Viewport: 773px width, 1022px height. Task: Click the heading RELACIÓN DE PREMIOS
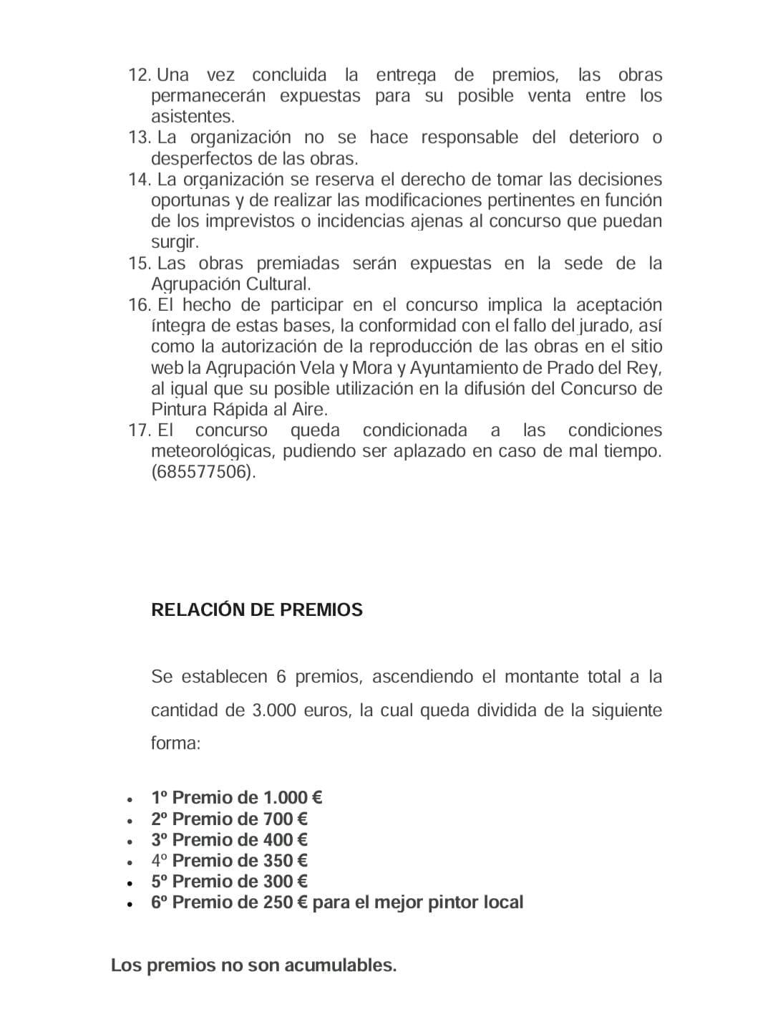click(x=257, y=609)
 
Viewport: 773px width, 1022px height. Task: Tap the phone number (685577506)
click(x=203, y=472)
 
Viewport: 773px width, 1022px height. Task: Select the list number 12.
click(x=139, y=75)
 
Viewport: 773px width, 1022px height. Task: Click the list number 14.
click(x=139, y=179)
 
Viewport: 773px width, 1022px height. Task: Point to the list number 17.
click(x=139, y=430)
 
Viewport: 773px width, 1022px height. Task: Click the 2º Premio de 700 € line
click(x=229, y=819)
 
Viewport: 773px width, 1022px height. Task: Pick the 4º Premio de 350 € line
click(x=229, y=860)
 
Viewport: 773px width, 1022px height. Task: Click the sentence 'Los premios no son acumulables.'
click(x=253, y=965)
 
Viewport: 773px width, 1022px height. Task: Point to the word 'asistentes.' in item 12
click(x=193, y=117)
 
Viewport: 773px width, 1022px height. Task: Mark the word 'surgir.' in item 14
click(x=175, y=242)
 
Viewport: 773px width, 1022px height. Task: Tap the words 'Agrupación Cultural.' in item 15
click(x=230, y=284)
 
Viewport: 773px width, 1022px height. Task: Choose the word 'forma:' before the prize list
click(x=175, y=743)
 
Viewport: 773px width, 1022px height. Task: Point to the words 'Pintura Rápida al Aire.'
click(x=239, y=410)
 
